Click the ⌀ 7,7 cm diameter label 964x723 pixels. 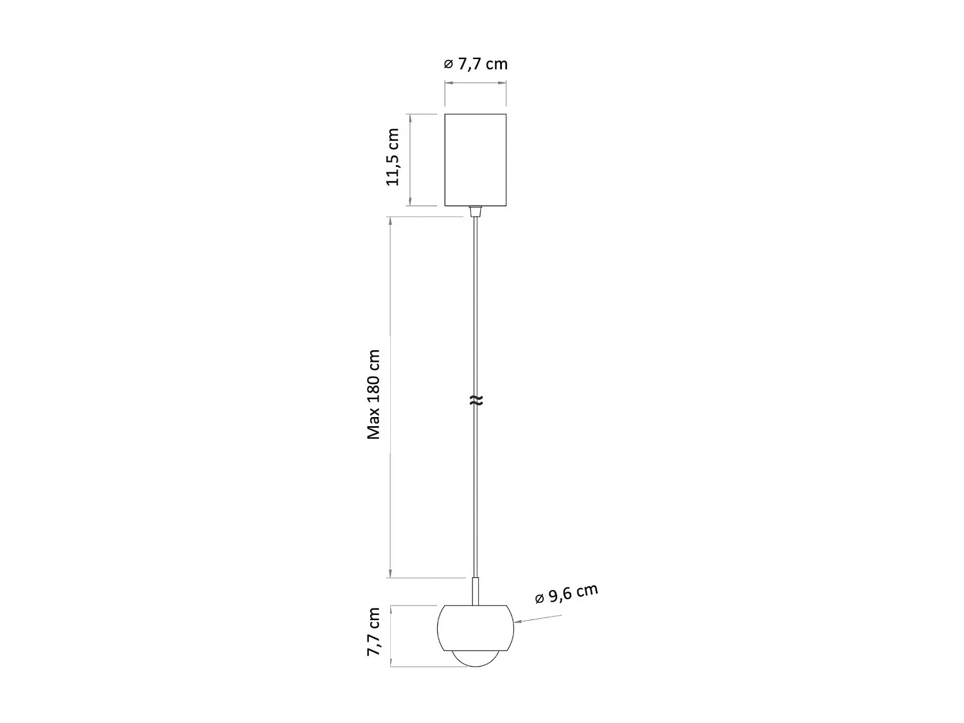click(476, 64)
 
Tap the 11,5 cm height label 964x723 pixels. click(393, 157)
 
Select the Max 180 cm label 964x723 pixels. click(374, 395)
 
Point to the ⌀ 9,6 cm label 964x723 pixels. click(567, 594)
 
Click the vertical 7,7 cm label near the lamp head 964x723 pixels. click(373, 632)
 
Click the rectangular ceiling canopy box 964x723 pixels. click(476, 159)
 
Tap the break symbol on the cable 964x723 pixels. click(476, 401)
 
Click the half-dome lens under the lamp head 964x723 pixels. click(476, 659)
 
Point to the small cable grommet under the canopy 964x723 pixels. click(476, 211)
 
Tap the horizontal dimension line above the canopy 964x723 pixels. click(476, 83)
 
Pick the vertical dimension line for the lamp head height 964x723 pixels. click(391, 636)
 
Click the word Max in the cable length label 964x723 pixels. click(374, 426)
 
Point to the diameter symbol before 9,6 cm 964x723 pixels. click(540, 600)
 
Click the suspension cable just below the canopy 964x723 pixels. click(476, 257)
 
